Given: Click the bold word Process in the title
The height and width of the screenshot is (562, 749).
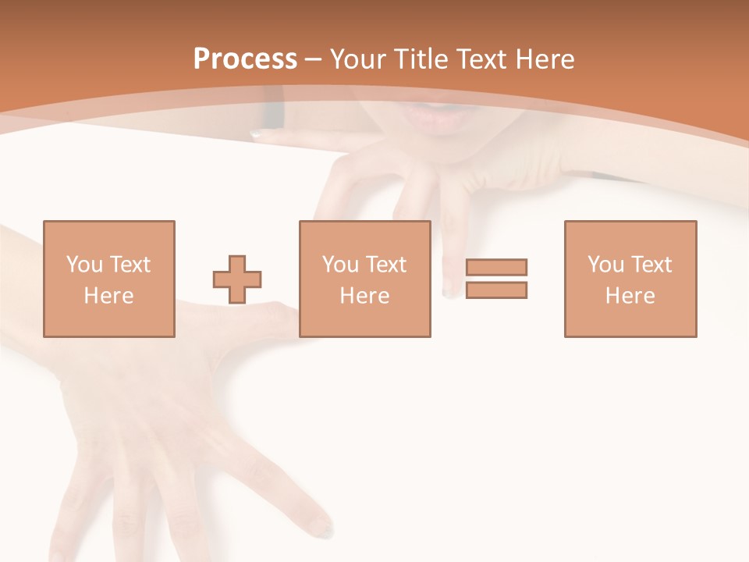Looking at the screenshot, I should click(x=245, y=59).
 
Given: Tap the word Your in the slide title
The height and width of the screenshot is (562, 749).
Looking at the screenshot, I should click(x=358, y=59).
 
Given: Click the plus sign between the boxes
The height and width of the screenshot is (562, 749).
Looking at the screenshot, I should click(x=237, y=279).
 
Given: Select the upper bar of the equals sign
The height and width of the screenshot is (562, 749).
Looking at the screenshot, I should click(x=496, y=267).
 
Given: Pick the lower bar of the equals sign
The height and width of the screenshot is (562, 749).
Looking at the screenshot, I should click(x=496, y=290).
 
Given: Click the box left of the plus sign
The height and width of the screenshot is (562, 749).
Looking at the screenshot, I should click(x=109, y=279).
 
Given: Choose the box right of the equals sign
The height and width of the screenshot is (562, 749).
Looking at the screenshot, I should click(x=630, y=279).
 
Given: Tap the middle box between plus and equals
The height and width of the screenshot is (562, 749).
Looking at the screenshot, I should click(x=365, y=279).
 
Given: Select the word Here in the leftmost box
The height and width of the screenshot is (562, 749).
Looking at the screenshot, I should click(x=109, y=296).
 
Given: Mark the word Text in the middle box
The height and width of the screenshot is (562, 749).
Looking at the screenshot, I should click(x=385, y=265).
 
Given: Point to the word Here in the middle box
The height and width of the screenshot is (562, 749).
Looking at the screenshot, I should click(x=365, y=296).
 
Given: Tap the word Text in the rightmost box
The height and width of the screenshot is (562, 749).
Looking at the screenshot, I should click(x=651, y=265).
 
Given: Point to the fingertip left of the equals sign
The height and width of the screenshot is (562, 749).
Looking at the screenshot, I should click(x=452, y=290).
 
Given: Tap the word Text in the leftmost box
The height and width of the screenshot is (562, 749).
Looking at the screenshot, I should click(x=130, y=265).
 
